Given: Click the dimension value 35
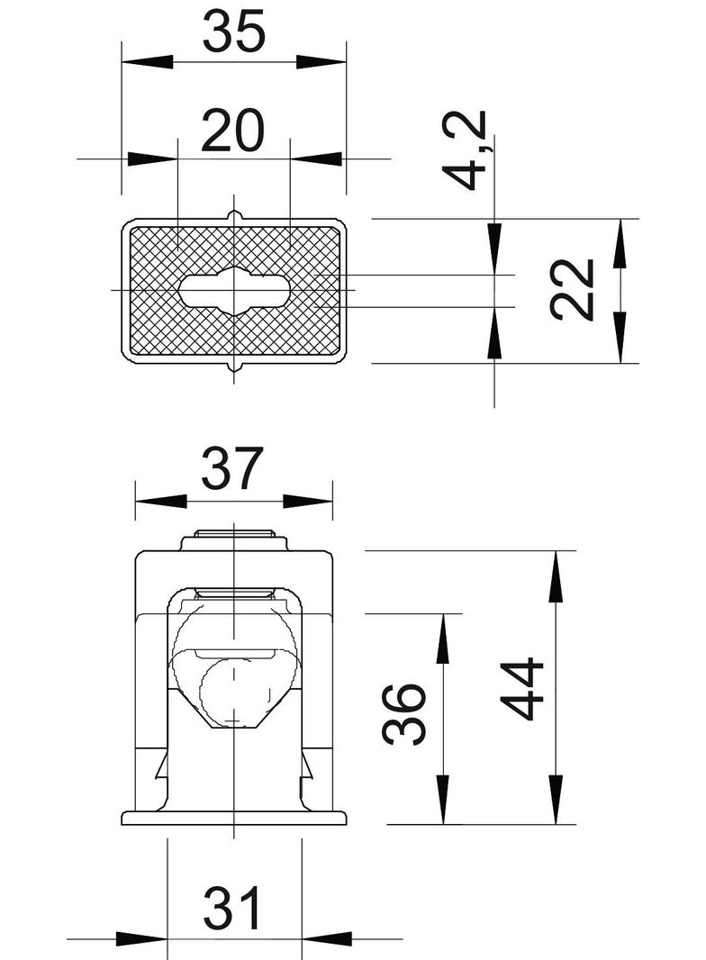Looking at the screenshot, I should [x=233, y=32].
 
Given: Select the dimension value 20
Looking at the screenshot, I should [x=233, y=131].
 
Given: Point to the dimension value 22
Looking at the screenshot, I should [x=573, y=289].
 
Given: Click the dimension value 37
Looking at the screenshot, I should [x=232, y=469].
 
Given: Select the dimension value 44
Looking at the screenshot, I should [x=523, y=689].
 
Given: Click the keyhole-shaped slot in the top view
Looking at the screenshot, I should [x=234, y=290].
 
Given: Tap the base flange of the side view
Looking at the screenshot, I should [x=234, y=818].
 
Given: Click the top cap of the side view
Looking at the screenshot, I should [x=234, y=542].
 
